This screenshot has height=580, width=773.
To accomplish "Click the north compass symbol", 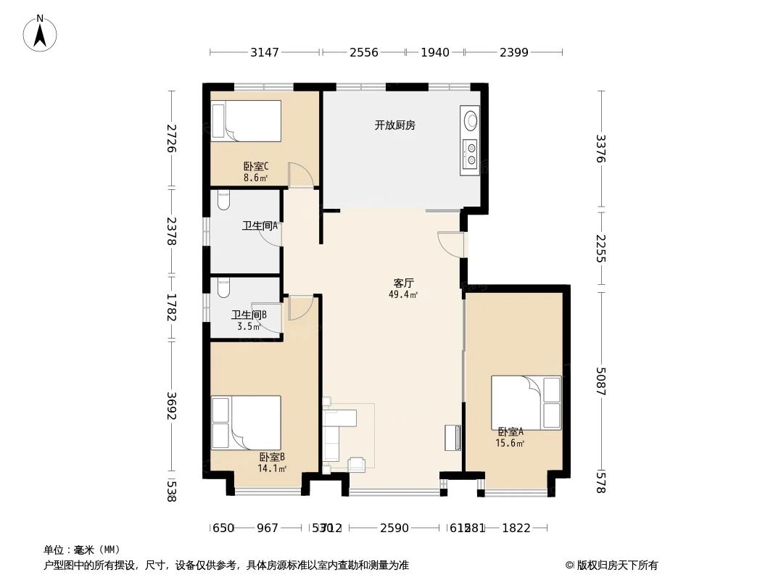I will point(41,33).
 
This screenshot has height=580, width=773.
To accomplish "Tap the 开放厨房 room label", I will point(394,125).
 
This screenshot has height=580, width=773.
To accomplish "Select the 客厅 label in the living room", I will point(404,283).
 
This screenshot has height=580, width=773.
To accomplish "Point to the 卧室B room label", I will point(272,457).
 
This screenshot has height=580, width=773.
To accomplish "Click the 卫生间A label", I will point(260,226).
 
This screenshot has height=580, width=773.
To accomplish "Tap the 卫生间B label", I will point(249,315).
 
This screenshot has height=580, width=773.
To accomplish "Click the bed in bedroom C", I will point(246,121).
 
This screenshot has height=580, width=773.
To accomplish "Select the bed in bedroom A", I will point(526,402).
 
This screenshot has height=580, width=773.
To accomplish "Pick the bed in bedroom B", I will point(246,423).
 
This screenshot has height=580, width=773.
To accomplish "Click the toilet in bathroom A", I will point(223,196).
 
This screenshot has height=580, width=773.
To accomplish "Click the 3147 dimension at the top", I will point(265,52).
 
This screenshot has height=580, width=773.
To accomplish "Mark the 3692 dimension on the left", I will point(172,406).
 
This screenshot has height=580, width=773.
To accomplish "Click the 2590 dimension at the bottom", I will point(394,528).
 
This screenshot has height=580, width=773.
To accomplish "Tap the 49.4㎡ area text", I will point(404,294).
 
